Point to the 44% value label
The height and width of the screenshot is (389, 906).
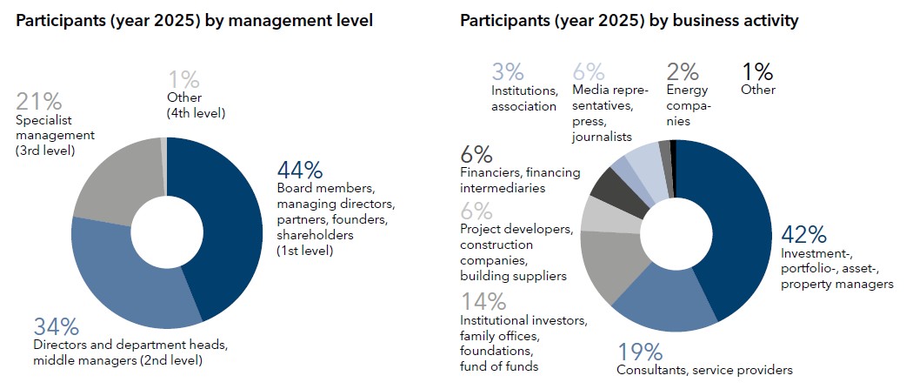coord(300,169)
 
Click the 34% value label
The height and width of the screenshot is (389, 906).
coord(57,327)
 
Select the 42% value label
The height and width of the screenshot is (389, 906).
coord(803,235)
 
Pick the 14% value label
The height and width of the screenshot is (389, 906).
coord(483,302)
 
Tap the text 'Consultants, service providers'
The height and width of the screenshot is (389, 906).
coord(704,370)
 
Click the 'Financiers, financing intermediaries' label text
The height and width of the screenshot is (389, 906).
coord(520,179)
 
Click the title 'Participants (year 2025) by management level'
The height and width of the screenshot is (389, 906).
coord(195,20)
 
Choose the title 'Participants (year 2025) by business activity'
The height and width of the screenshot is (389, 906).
coord(630,20)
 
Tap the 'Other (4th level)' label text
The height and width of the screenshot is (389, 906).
coord(196,105)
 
